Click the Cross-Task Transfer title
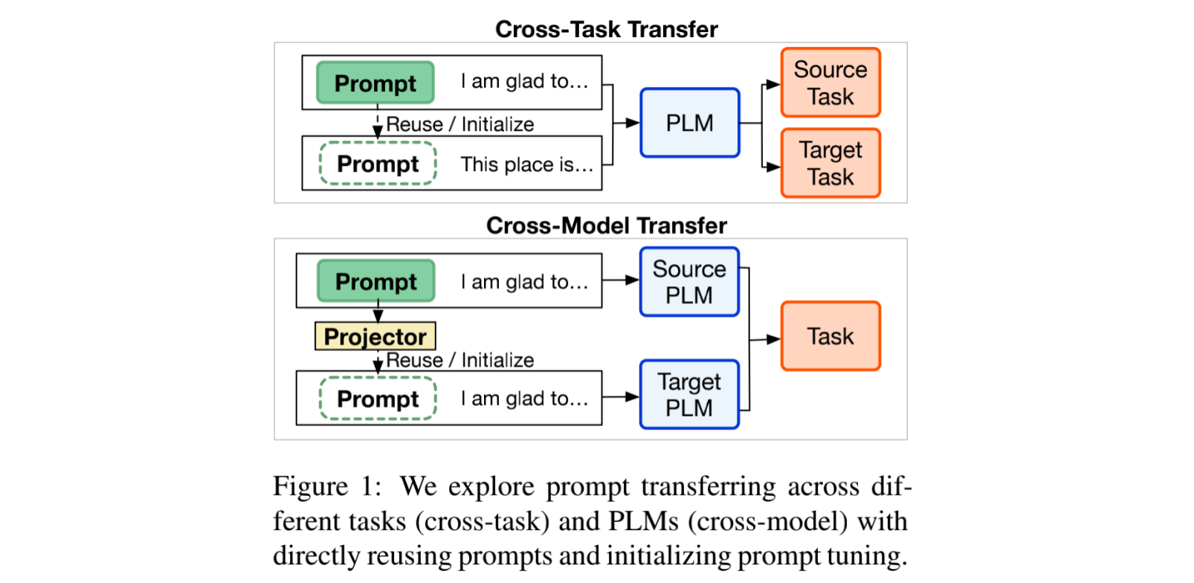click(x=606, y=29)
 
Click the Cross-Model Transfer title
click(x=606, y=225)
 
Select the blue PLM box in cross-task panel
click(x=689, y=123)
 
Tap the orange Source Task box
click(x=830, y=83)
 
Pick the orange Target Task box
click(x=830, y=163)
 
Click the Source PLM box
click(x=689, y=282)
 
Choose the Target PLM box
click(x=689, y=394)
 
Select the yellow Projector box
click(x=375, y=336)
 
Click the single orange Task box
click(x=830, y=336)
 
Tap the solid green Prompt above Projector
click(x=375, y=281)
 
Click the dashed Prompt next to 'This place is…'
click(x=378, y=164)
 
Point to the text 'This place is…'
click(x=526, y=164)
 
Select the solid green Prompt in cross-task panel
click(x=375, y=83)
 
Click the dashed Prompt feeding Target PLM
click(x=378, y=399)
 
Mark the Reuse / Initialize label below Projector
click(x=459, y=360)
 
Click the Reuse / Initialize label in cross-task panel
click(x=459, y=124)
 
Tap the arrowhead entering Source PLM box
click(x=633, y=280)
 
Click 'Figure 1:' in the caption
click(x=327, y=486)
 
